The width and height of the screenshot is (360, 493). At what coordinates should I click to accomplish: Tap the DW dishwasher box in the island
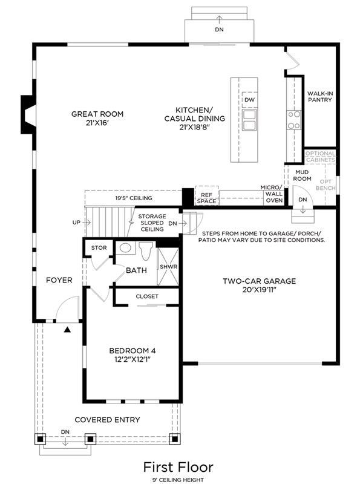tap(250, 100)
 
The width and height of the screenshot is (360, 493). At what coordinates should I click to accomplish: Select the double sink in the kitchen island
tap(250, 120)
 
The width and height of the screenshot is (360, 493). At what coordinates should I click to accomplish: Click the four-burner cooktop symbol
tap(293, 120)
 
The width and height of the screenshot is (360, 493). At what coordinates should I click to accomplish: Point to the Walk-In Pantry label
tap(319, 97)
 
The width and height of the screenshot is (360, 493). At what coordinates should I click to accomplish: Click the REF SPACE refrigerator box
tap(206, 196)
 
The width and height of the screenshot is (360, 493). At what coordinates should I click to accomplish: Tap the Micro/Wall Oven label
tap(272, 194)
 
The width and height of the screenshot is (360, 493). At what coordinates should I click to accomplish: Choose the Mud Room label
tap(302, 175)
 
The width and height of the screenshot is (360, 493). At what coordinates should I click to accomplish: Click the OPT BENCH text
tap(326, 185)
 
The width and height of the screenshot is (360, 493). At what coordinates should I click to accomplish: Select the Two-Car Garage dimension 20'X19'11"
tap(259, 290)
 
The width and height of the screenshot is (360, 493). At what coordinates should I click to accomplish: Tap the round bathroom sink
tap(125, 248)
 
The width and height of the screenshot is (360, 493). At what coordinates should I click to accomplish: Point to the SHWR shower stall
tap(168, 267)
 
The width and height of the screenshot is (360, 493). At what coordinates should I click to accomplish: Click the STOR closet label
tap(99, 248)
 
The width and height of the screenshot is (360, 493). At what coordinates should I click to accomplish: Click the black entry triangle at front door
tap(67, 330)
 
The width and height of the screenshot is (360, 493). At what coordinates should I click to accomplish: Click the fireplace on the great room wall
tap(28, 114)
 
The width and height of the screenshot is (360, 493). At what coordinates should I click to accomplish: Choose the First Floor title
tap(178, 467)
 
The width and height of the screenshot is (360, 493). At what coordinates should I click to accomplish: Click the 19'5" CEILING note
tap(134, 198)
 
